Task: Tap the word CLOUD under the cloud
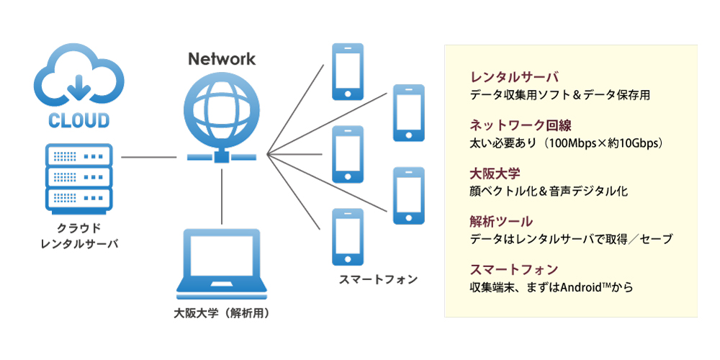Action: pos(78,120)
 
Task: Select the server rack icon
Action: pos(79,176)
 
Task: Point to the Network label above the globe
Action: pos(222,59)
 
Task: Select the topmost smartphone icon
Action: pos(347,71)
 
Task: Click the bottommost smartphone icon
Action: pos(347,237)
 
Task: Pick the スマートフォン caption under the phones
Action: pos(378,279)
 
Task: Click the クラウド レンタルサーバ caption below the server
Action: pos(79,236)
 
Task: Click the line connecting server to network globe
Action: pos(149,156)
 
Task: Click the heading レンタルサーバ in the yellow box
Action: pos(513,77)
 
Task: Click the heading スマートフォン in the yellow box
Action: pos(513,269)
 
